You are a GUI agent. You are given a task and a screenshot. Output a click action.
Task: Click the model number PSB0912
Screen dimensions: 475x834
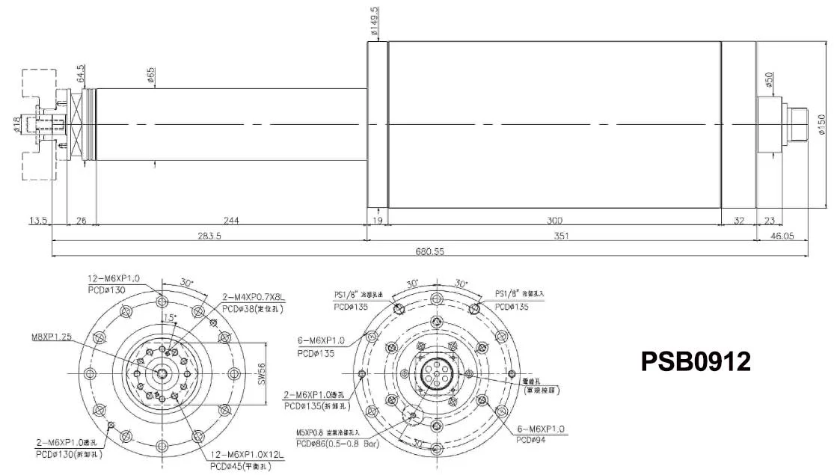696,361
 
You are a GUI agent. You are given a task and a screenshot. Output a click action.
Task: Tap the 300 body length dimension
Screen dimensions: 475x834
553,221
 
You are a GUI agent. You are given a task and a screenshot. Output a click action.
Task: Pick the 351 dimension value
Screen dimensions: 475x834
561,236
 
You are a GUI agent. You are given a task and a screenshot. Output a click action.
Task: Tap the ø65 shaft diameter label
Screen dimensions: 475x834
151,76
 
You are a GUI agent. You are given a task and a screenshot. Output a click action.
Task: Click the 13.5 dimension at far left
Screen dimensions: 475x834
37,221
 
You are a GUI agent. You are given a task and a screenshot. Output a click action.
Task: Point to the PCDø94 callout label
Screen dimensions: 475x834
533,440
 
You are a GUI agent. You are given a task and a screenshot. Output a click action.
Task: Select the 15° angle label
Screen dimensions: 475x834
171,317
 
